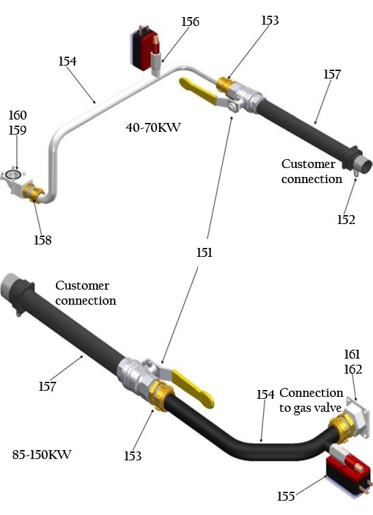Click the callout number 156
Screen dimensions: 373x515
click(x=191, y=22)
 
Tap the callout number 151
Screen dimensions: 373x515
click(x=204, y=253)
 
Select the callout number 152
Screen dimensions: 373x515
click(x=346, y=219)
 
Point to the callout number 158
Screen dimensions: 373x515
click(x=43, y=240)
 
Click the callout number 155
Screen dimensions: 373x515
click(x=286, y=496)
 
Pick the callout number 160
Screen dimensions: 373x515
click(x=17, y=115)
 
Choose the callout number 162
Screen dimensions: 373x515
click(x=353, y=370)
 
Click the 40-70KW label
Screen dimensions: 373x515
click(x=153, y=127)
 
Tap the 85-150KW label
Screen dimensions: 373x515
click(x=42, y=455)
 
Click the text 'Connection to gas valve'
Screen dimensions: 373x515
click(x=311, y=400)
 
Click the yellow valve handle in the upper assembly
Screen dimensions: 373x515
click(x=198, y=91)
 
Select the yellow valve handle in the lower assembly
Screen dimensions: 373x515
click(x=193, y=388)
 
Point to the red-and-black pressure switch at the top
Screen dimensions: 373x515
click(x=146, y=48)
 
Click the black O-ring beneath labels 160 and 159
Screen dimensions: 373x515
click(x=13, y=174)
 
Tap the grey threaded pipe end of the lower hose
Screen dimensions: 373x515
click(x=8, y=285)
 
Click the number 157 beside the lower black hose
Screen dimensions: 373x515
click(x=48, y=387)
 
